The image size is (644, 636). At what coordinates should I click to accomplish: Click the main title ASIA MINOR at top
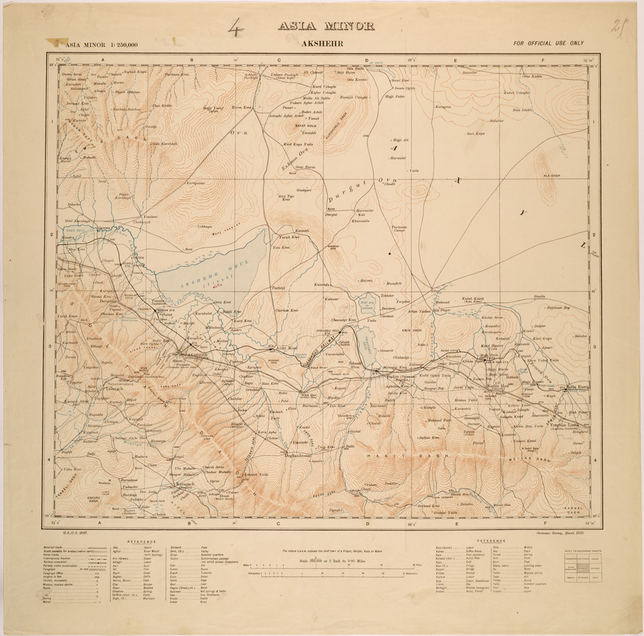[326, 26]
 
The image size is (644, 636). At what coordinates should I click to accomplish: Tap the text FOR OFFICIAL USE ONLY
[548, 43]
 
